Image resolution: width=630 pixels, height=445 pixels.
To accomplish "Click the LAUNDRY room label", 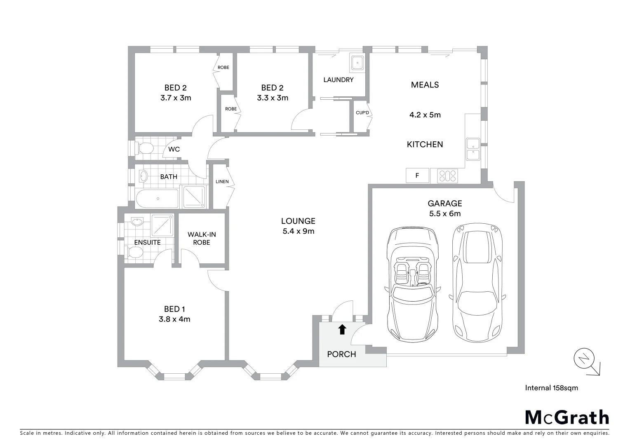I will (x=338, y=80).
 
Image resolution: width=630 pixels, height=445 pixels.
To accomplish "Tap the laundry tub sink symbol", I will (x=356, y=63).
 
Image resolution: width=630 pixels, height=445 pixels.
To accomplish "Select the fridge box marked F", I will (x=417, y=176).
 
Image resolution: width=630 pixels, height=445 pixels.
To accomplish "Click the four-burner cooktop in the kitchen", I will (x=447, y=176).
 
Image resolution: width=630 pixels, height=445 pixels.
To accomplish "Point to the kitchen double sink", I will (x=472, y=149).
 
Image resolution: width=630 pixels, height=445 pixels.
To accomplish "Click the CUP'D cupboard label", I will (x=362, y=113).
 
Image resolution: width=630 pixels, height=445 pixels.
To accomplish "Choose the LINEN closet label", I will (x=222, y=182).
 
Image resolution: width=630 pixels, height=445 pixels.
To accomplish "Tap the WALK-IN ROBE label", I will (x=202, y=239).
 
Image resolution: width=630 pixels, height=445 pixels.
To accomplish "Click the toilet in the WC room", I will (x=144, y=148).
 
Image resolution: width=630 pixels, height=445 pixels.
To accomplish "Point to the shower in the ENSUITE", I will (x=162, y=225).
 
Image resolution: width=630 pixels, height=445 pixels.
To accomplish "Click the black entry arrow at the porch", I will (x=342, y=329).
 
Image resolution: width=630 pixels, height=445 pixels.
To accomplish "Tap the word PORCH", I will (x=341, y=354).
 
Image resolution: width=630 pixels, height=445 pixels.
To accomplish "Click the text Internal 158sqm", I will (x=551, y=388).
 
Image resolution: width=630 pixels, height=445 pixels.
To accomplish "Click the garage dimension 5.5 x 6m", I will (x=444, y=214).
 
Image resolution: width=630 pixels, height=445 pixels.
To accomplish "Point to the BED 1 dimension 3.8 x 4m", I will (x=174, y=319).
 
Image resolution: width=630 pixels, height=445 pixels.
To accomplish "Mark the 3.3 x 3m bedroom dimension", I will (x=272, y=98).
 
